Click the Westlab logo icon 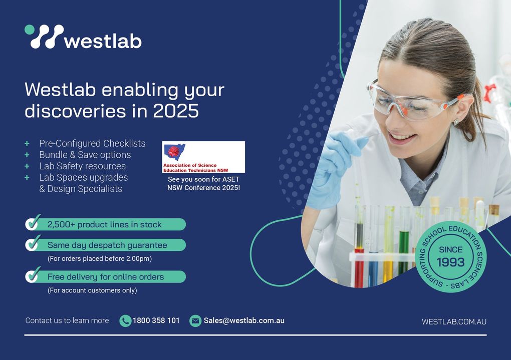point(44,37)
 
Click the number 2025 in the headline point(176,111)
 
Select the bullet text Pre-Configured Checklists point(92,143)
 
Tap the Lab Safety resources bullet point(83,166)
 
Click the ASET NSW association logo point(203,157)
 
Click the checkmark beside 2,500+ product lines point(33,222)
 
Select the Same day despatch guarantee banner point(106,245)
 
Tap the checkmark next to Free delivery point(33,275)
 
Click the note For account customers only point(92,290)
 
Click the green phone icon point(125,321)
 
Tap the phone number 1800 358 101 point(156,320)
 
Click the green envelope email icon point(195,321)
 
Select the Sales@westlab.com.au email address point(244,320)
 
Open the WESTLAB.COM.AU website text point(454,322)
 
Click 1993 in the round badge point(451,262)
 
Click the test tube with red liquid point(359,248)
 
